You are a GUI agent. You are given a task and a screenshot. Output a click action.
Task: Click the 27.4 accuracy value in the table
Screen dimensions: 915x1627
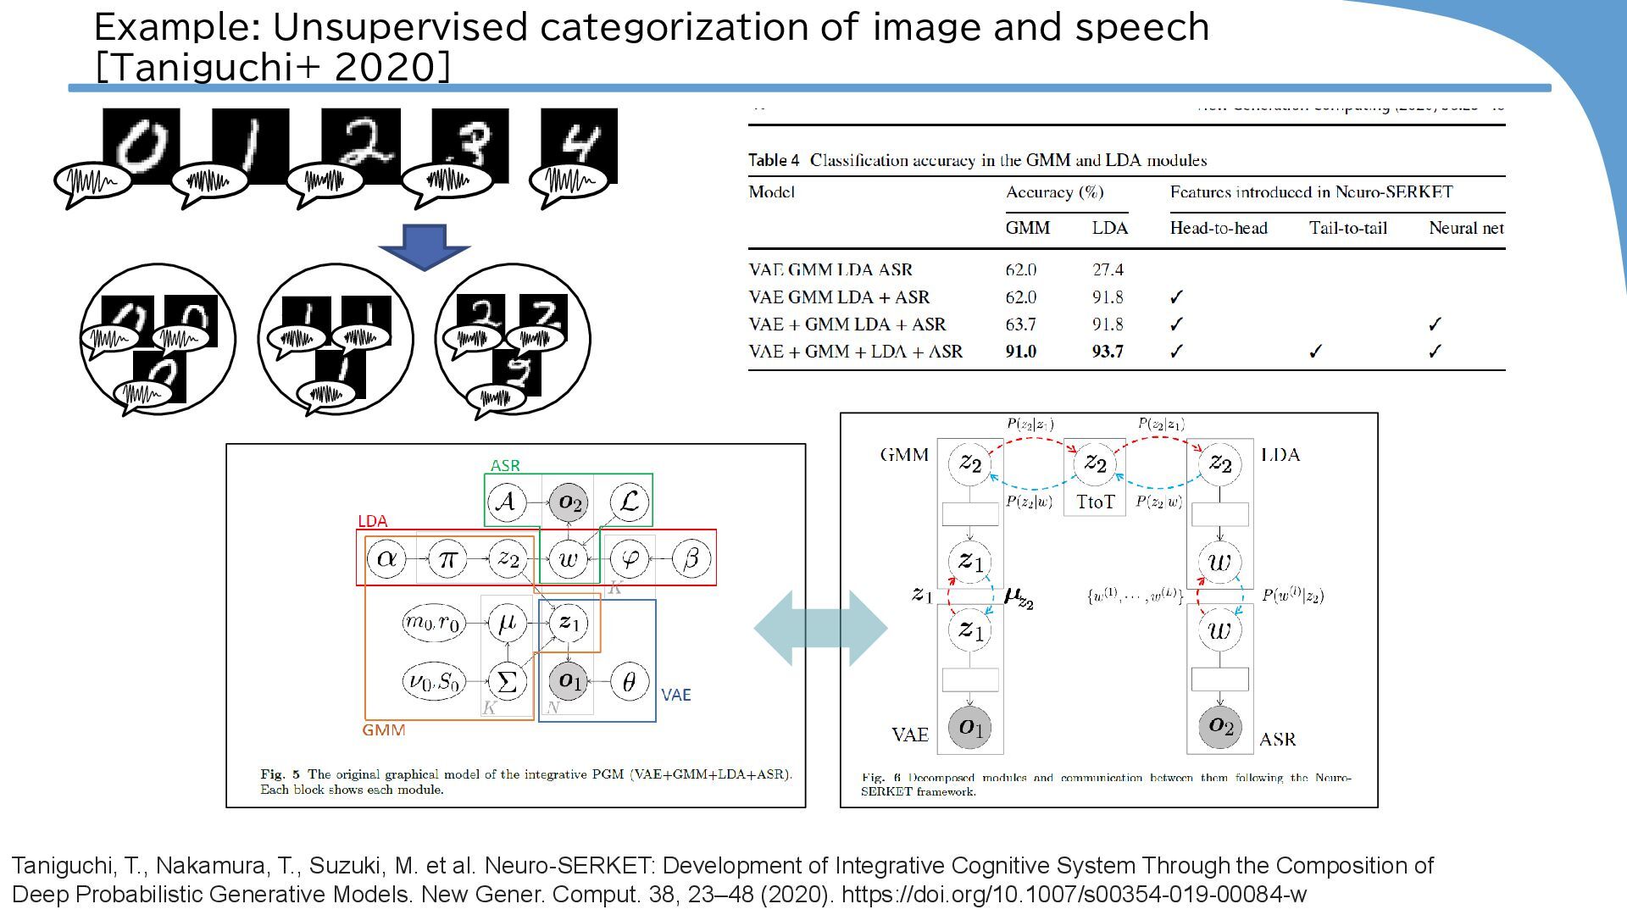tap(1108, 270)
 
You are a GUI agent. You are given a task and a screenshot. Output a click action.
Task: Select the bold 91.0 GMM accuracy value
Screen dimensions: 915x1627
tap(1020, 352)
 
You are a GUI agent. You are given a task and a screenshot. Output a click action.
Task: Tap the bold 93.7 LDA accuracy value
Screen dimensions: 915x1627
tap(1108, 352)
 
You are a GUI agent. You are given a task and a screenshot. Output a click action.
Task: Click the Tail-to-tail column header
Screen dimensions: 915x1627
tap(1347, 228)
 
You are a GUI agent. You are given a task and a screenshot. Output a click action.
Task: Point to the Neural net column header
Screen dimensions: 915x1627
tap(1466, 228)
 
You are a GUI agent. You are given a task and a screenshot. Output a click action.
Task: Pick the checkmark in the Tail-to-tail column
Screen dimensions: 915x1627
tap(1315, 352)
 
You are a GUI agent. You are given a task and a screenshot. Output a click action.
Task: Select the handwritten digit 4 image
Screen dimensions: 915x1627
tap(579, 144)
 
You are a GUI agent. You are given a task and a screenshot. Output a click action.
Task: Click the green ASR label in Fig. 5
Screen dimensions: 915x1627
tap(505, 466)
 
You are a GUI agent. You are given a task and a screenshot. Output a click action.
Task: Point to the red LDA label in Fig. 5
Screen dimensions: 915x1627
tap(372, 521)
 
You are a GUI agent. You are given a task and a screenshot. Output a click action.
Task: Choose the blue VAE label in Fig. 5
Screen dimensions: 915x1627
tap(675, 696)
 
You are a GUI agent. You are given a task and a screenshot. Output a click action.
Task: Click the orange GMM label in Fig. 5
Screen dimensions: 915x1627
tap(383, 730)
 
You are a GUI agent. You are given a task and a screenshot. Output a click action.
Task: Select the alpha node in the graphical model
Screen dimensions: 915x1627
tap(386, 559)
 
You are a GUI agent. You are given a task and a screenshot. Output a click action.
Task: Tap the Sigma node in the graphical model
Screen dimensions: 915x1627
tap(507, 682)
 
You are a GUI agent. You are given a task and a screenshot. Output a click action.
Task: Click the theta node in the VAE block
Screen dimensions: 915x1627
tap(629, 682)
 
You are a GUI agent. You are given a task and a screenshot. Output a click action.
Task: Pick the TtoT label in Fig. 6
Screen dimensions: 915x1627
tap(1095, 502)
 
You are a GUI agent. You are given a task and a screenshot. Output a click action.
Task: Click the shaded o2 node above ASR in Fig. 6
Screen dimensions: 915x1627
tap(1219, 726)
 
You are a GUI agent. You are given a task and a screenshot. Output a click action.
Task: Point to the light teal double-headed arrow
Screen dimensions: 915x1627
tap(820, 628)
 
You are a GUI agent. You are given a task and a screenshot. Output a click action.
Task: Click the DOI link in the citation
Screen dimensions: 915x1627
tap(1074, 895)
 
